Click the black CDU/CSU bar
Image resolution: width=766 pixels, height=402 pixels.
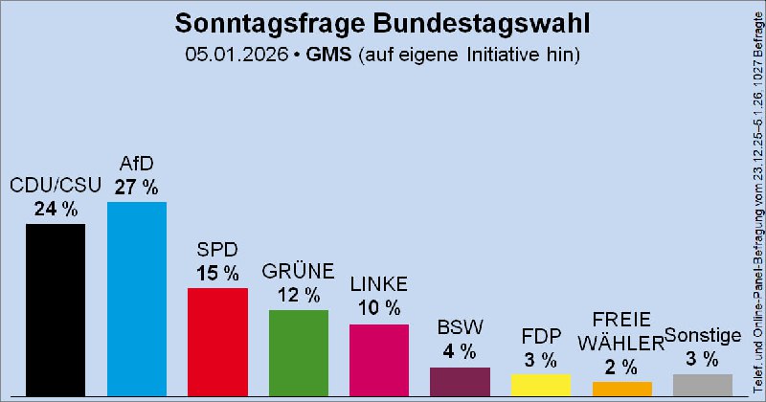pyautogui.click(x=56, y=310)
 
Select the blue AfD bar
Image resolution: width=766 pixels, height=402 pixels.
pyautogui.click(x=136, y=299)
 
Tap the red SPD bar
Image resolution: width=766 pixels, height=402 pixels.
pyautogui.click(x=217, y=342)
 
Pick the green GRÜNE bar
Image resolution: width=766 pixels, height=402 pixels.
pyautogui.click(x=298, y=353)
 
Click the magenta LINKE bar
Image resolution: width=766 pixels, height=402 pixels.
pyautogui.click(x=378, y=360)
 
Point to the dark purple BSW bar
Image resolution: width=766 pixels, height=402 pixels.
pyautogui.click(x=460, y=381)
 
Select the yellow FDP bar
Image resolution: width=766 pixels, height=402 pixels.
pyautogui.click(x=540, y=385)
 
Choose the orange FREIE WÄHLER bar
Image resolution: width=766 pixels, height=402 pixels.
pyautogui.click(x=621, y=389)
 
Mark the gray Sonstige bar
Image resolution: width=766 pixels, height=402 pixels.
pyautogui.click(x=702, y=385)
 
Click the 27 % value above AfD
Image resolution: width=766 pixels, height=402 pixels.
pyautogui.click(x=136, y=187)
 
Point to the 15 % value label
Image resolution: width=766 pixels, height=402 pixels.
pyautogui.click(x=217, y=273)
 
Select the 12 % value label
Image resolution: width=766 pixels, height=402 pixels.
pyautogui.click(x=298, y=296)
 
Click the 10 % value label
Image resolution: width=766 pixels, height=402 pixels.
pyautogui.click(x=378, y=308)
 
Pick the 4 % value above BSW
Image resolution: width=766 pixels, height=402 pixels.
pyautogui.click(x=460, y=351)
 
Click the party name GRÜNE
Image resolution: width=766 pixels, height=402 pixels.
pyautogui.click(x=298, y=271)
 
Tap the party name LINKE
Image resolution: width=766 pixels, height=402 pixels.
pyautogui.click(x=378, y=284)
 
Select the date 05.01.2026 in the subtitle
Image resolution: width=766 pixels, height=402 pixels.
pyautogui.click(x=237, y=55)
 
